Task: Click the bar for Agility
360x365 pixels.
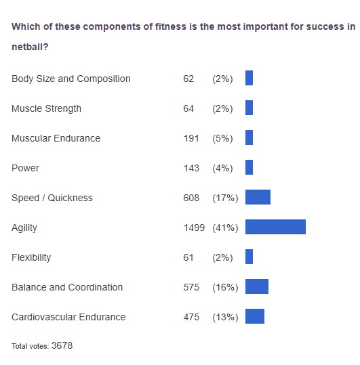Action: pos(275,227)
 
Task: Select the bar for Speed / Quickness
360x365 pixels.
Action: pos(258,197)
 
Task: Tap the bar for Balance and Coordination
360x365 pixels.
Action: pos(257,286)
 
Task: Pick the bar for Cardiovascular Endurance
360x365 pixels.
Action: pos(255,316)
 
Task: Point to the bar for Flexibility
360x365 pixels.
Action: pos(249,257)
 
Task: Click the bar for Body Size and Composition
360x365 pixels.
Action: pos(249,78)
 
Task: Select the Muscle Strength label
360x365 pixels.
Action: pos(46,108)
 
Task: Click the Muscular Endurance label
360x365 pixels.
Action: pos(56,138)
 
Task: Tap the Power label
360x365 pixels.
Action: pos(25,168)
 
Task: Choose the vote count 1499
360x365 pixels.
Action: pos(194,228)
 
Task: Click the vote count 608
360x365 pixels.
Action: pos(191,198)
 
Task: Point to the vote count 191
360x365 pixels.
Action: pos(191,138)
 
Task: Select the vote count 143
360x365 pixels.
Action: pos(191,168)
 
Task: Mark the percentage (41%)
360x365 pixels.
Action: pos(225,228)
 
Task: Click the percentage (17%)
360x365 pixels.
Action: pos(225,198)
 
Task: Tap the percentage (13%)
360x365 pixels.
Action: pos(225,317)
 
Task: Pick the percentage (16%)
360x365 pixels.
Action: pos(225,287)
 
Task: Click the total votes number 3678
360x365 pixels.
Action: pos(62,345)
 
